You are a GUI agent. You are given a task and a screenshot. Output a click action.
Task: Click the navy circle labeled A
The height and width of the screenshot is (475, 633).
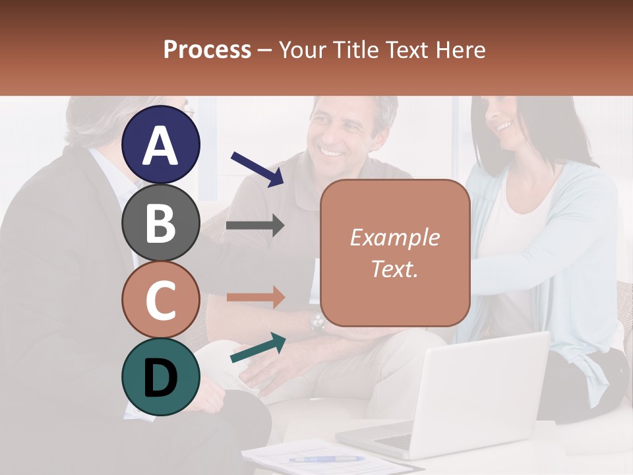click(161, 144)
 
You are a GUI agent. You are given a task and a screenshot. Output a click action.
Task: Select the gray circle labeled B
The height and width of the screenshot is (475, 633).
click(161, 222)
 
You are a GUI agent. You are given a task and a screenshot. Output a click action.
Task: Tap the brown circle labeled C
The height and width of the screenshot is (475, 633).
click(161, 300)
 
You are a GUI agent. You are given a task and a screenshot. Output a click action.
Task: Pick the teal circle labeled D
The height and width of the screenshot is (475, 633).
click(161, 377)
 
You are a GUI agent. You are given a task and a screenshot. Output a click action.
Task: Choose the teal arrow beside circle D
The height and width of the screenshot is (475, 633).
click(258, 348)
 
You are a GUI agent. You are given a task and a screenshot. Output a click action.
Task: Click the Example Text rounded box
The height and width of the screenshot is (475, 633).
click(395, 253)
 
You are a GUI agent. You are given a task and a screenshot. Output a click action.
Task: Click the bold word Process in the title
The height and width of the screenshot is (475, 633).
click(207, 49)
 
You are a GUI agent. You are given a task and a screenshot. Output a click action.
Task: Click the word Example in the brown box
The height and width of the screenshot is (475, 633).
click(394, 237)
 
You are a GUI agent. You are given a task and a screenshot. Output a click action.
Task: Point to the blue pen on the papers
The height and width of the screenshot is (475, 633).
click(317, 459)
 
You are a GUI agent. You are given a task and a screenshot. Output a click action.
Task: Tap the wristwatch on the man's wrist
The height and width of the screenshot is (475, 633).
click(318, 322)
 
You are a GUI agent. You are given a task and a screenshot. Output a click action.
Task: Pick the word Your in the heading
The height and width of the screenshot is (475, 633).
click(302, 49)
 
